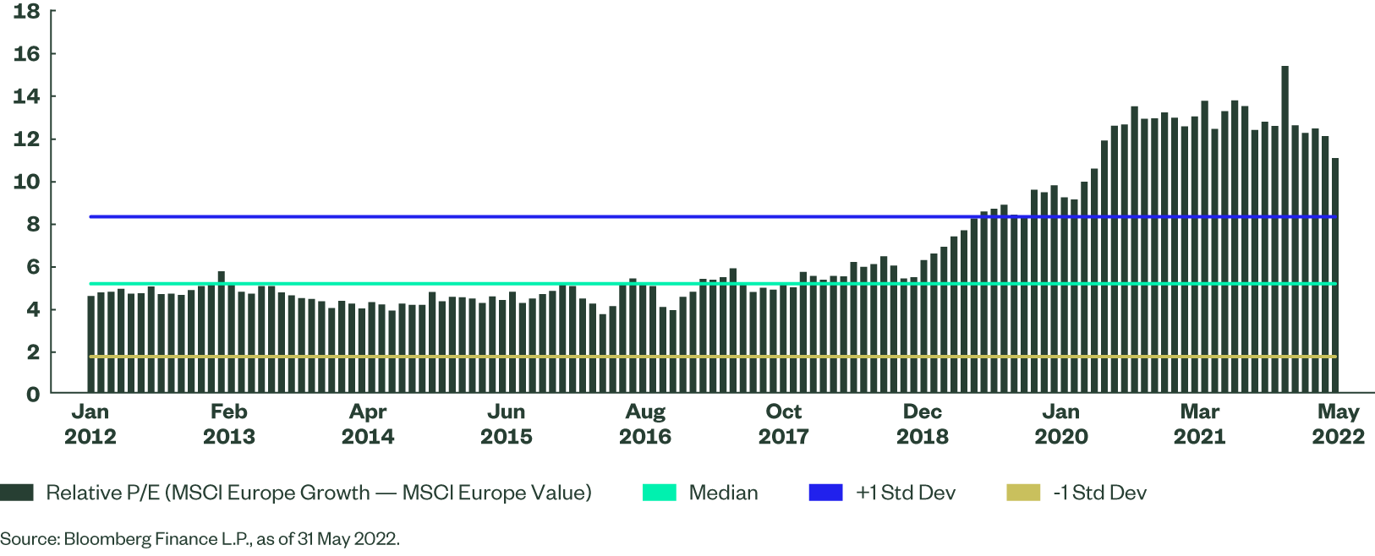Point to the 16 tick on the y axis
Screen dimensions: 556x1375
(x=26, y=54)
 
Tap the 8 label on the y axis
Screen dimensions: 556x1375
(x=32, y=225)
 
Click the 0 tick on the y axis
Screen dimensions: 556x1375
(x=32, y=395)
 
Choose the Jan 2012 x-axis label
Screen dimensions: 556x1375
(x=90, y=424)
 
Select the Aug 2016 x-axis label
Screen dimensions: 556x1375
(x=645, y=424)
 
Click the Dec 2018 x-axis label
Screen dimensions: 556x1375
(x=922, y=424)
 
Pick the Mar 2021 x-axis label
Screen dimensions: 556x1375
(x=1199, y=424)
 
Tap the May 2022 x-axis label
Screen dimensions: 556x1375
(x=1338, y=424)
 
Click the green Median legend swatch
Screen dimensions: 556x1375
(x=659, y=493)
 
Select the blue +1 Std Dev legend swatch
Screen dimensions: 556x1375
(x=825, y=493)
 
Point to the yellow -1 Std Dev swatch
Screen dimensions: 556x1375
(x=1023, y=493)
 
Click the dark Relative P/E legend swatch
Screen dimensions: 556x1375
(x=17, y=493)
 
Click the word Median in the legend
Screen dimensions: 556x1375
(x=723, y=493)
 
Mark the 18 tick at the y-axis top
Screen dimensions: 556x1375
(x=26, y=12)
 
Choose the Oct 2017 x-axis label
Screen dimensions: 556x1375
(x=783, y=424)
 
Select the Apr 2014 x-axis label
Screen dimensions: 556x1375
(x=368, y=424)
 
